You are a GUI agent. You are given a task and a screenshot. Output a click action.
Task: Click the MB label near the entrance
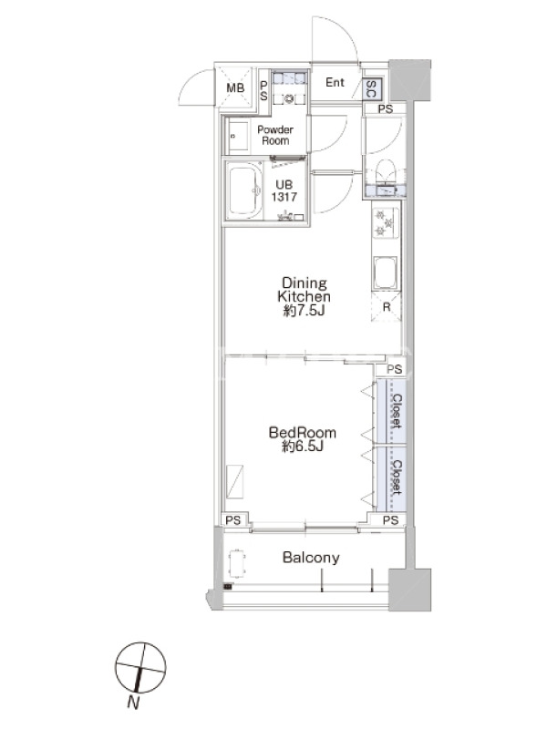(x=235, y=87)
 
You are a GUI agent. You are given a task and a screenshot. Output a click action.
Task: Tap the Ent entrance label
(x=335, y=82)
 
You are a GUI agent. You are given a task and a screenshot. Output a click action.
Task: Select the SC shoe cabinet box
(x=371, y=88)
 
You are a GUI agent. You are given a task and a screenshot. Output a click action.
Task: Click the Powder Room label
(x=275, y=135)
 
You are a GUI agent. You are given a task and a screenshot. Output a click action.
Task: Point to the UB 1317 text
(x=284, y=191)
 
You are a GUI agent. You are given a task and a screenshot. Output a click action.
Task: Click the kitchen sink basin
(x=385, y=272)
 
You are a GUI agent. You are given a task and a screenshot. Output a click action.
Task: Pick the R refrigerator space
(x=386, y=307)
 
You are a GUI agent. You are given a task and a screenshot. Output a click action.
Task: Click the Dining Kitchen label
(x=304, y=290)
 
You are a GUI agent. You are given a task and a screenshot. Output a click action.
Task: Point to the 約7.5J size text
(x=304, y=310)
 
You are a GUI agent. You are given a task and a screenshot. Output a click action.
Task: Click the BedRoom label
(x=303, y=433)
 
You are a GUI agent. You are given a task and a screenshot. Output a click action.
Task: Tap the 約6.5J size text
(x=303, y=447)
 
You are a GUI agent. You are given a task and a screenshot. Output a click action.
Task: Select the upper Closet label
(x=397, y=411)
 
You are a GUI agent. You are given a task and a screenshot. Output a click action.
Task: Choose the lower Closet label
(x=397, y=477)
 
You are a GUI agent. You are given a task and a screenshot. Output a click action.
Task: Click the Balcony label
(x=311, y=558)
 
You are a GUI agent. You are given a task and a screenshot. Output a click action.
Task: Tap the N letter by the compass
(x=133, y=703)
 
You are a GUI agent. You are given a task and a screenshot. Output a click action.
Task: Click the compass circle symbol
(x=140, y=668)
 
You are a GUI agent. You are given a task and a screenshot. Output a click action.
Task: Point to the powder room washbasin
(x=239, y=136)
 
